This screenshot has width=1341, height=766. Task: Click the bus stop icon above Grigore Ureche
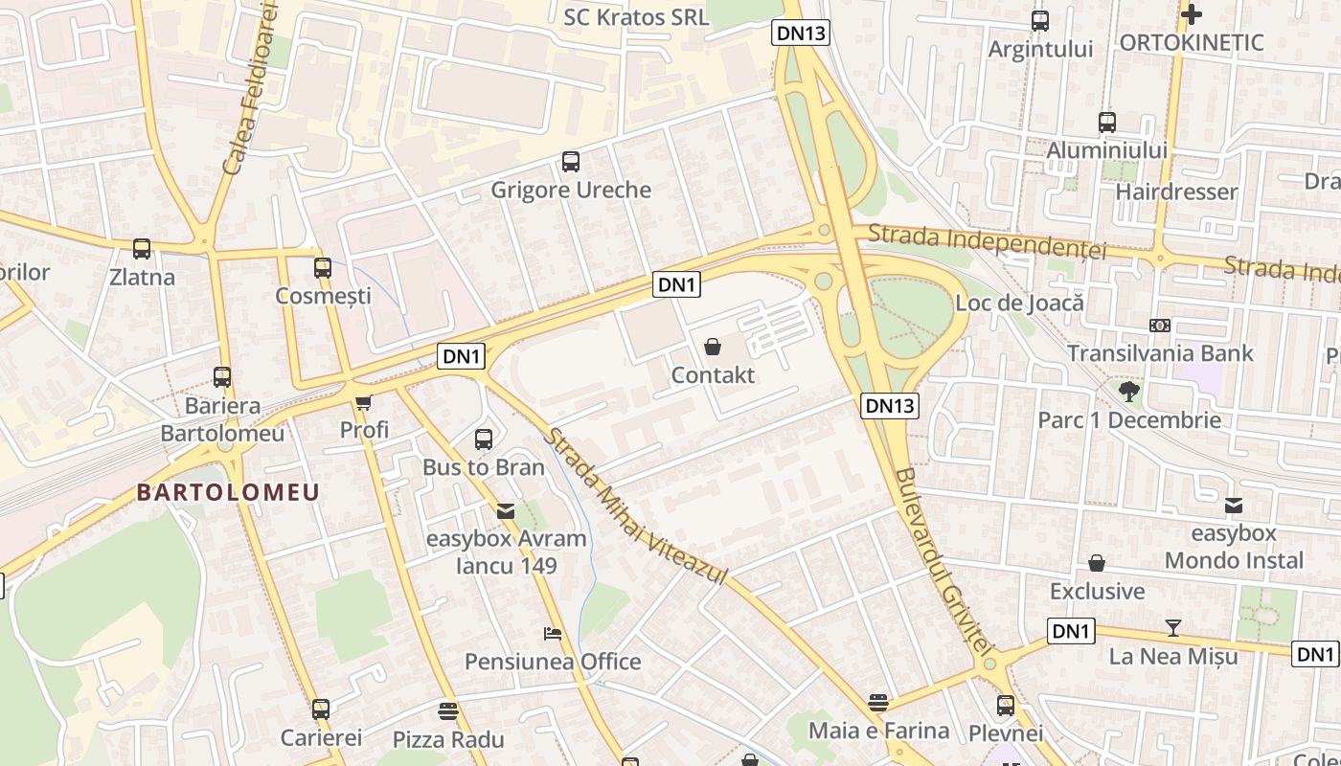571,162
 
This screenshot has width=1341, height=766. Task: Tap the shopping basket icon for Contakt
713,347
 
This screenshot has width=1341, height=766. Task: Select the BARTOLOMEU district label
228,493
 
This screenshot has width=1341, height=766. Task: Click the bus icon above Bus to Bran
484,439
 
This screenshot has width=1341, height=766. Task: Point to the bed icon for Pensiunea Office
553,634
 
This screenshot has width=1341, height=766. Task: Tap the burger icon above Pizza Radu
447,711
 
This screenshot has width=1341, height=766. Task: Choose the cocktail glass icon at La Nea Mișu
1172,628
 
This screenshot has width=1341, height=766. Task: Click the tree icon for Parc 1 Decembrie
1129,391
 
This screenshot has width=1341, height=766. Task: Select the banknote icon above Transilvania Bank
1160,326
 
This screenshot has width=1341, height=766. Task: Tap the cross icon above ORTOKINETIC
1191,14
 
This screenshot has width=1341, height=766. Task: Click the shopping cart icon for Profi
364,403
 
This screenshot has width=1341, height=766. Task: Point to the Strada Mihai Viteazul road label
636,507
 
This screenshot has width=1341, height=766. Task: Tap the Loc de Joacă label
1019,304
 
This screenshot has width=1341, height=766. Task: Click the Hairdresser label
1176,191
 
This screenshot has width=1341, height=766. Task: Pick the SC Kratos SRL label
636,17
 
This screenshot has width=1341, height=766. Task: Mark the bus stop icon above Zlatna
142,249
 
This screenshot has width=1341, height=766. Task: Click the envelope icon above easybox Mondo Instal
1234,505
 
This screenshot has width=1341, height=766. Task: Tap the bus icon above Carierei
321,710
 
